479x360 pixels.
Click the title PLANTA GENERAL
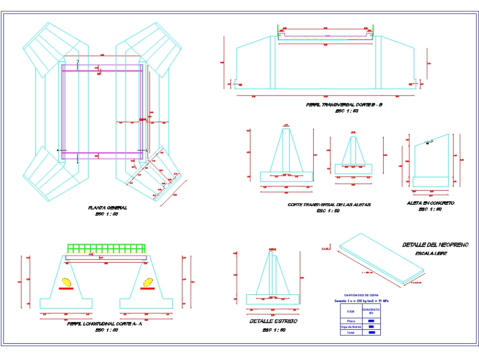[x=108, y=208]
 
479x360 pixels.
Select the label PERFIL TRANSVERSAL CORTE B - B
[x=344, y=105]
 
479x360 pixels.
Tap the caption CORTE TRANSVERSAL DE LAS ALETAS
[x=329, y=205]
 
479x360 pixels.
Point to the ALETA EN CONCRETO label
[x=430, y=203]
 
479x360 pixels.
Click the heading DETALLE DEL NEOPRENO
[x=435, y=245]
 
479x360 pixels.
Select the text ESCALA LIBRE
[x=431, y=253]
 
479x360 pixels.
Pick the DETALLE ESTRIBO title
[x=273, y=321]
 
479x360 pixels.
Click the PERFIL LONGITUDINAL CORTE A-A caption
[x=105, y=324]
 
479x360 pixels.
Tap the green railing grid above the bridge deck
[x=106, y=248]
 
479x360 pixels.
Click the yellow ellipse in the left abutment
[x=66, y=282]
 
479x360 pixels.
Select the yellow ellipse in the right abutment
[x=148, y=282]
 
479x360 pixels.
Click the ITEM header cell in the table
[x=351, y=311]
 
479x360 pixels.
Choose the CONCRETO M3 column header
[x=371, y=311]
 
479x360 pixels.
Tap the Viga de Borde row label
[x=351, y=327]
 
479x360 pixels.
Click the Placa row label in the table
[x=351, y=321]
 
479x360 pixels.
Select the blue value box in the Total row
[x=371, y=333]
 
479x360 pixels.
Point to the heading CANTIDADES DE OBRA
[x=361, y=295]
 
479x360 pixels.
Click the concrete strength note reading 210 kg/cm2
[x=361, y=301]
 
